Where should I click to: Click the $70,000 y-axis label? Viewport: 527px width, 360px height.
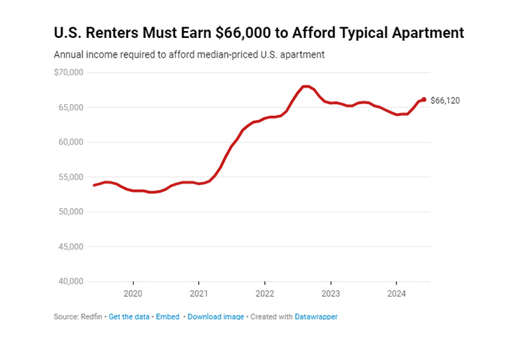pos(69,72)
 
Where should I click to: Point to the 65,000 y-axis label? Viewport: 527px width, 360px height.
pos(71,108)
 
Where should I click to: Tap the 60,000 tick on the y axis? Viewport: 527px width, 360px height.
pos(71,142)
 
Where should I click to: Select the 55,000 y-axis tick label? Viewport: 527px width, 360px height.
pos(71,177)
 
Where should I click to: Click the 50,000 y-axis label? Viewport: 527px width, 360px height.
pos(71,212)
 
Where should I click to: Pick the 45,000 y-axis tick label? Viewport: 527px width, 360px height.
pos(71,247)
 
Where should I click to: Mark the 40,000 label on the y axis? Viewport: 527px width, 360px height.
pos(71,282)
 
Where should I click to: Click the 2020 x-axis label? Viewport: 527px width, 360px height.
pos(133,293)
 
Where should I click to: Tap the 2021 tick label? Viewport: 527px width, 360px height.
pos(199,293)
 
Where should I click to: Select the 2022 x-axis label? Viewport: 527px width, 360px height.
pos(265,293)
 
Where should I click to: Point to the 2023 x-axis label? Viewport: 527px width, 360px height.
pos(331,293)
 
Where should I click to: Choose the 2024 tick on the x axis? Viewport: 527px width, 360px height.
pos(397,293)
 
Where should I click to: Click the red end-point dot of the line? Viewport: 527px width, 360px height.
pos(424,100)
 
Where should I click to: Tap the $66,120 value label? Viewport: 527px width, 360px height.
pos(445,101)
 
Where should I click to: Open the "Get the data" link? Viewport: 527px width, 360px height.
pos(129,317)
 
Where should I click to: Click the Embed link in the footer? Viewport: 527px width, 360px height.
pos(167,317)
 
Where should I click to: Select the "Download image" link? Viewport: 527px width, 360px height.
pos(216,317)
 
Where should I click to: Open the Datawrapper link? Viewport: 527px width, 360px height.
pos(316,317)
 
